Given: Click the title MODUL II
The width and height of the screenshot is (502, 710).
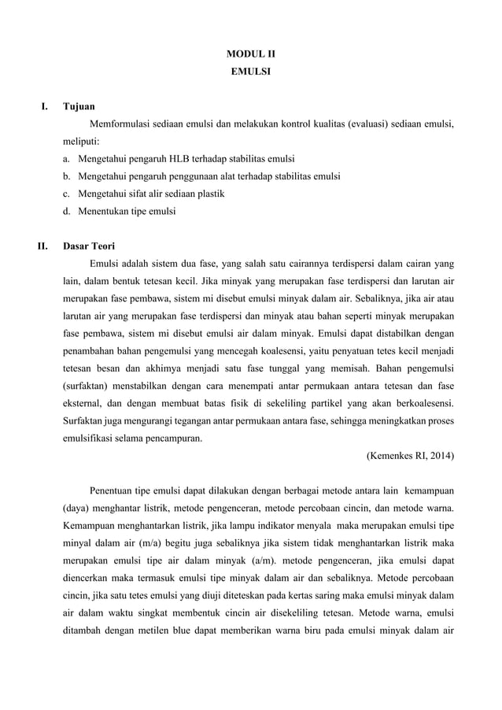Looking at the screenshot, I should coord(250,54).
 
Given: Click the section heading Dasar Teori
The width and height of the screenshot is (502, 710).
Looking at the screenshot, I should coord(89,246).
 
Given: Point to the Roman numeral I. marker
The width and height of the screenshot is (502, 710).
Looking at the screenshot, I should coord(47,106).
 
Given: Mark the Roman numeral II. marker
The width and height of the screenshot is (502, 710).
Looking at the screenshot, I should coord(46,246).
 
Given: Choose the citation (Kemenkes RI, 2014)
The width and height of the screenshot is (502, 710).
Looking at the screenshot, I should coord(410,455).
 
